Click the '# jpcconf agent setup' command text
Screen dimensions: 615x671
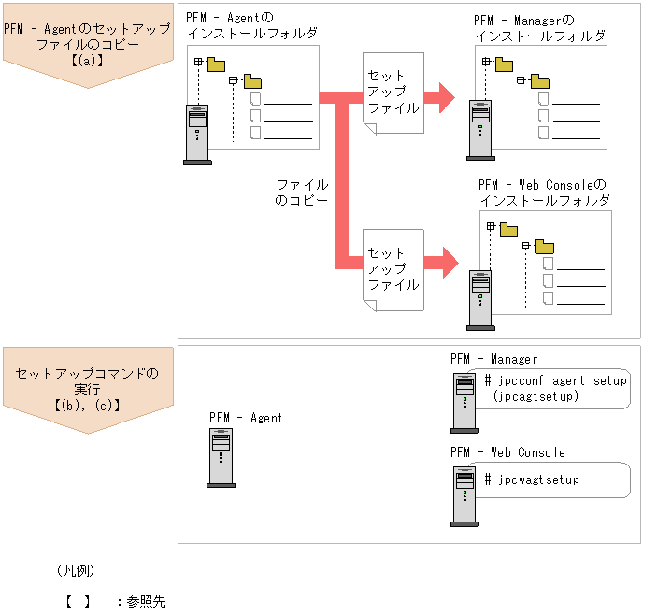[x=556, y=380]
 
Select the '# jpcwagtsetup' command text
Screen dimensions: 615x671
[x=532, y=479]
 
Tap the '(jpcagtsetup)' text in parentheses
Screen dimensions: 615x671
[x=535, y=396]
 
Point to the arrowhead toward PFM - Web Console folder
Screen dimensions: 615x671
[x=447, y=259]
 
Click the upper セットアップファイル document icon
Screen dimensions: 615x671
[x=393, y=93]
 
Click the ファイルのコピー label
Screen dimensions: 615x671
[x=302, y=193]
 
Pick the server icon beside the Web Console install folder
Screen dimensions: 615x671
[x=480, y=300]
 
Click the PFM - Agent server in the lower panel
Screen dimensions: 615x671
[x=221, y=458]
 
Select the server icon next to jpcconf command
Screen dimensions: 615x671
[x=464, y=404]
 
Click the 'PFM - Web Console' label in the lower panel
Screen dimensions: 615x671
[x=507, y=452]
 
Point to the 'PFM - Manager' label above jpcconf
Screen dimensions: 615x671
[x=493, y=359]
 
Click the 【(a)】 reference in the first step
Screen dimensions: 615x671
[x=87, y=62]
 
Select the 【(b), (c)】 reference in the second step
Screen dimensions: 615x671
[x=87, y=406]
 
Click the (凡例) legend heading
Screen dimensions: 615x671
[x=75, y=570]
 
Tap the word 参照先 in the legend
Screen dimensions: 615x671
[x=146, y=602]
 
